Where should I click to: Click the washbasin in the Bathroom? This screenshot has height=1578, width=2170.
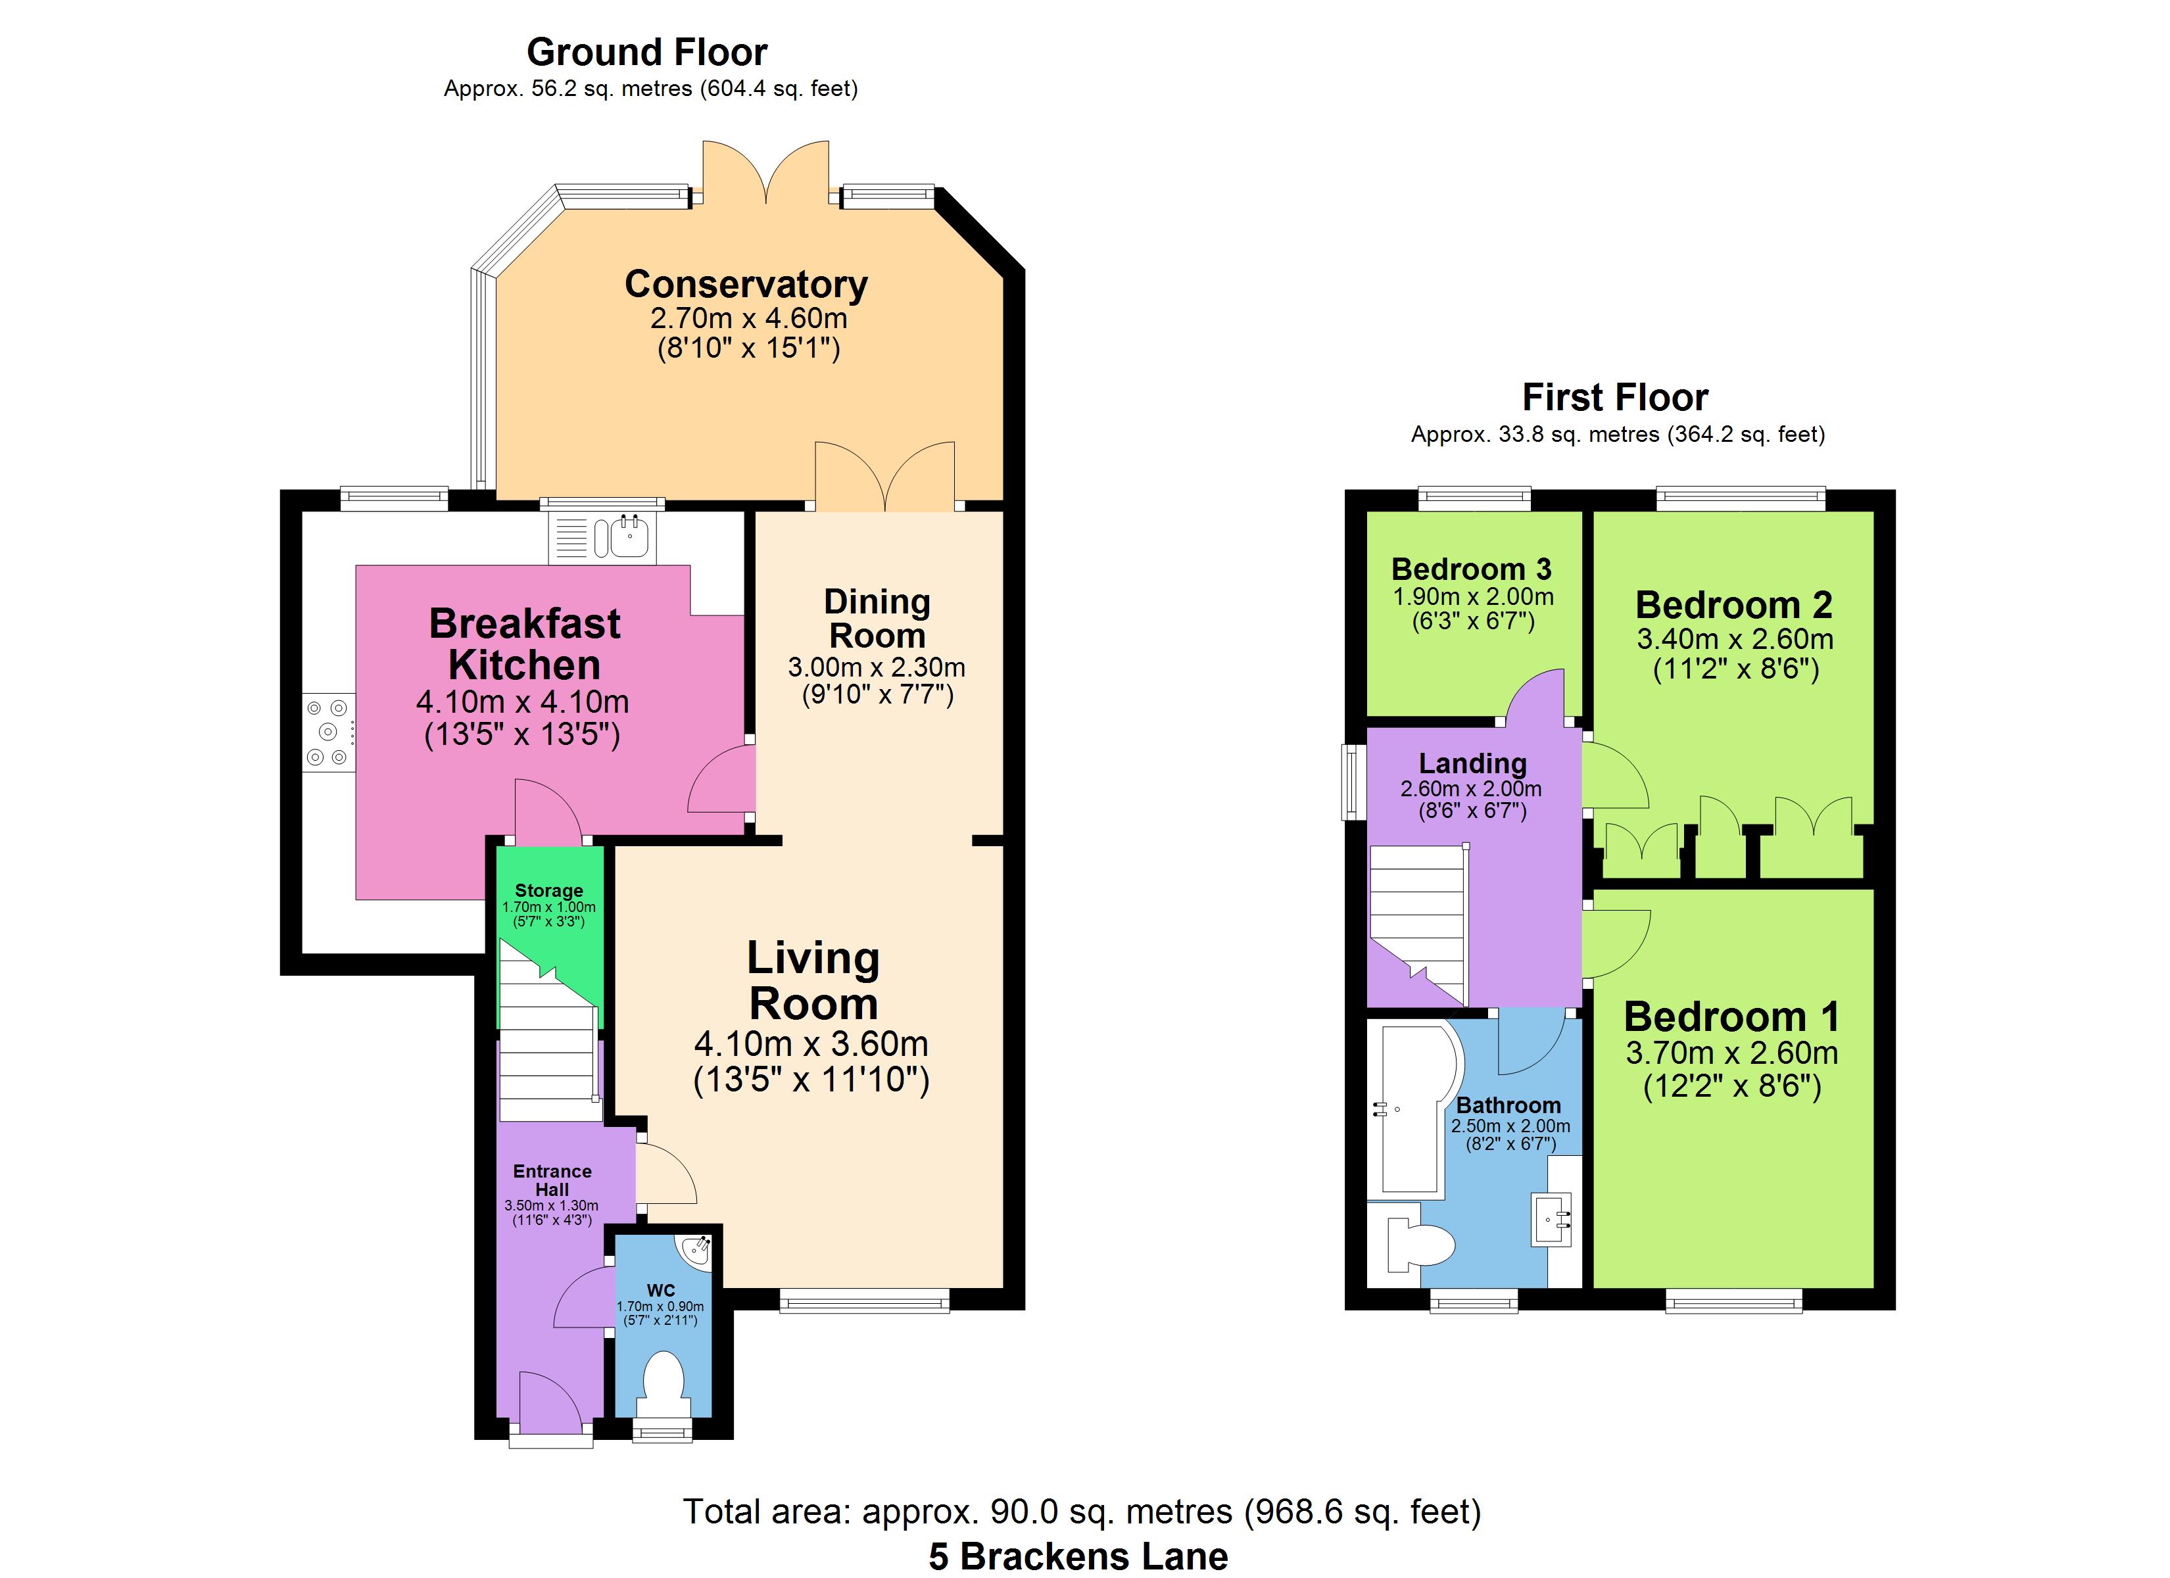coord(1552,1219)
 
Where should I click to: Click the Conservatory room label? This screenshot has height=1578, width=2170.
coord(746,284)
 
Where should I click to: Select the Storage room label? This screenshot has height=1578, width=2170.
coord(548,890)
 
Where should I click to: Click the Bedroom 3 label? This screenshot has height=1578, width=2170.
coord(1472,569)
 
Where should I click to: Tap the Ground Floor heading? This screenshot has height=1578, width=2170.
coord(647,52)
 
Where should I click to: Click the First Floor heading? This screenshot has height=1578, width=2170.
coord(1615,396)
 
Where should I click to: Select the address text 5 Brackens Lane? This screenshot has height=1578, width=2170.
coord(1078,1556)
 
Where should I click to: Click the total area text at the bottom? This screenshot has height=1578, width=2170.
coord(1082,1511)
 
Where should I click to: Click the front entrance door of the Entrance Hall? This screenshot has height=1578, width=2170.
coord(550,1405)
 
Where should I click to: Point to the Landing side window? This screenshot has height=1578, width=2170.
coord(1352,782)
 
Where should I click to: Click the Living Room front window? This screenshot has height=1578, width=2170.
coord(865,1299)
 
